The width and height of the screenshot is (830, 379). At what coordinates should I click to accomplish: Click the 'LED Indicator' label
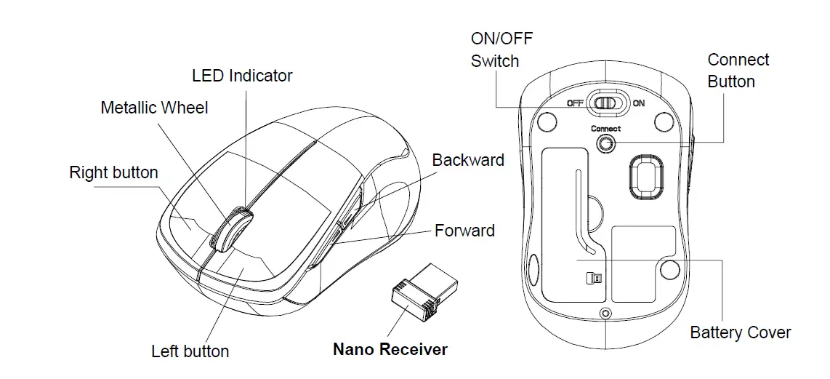242,76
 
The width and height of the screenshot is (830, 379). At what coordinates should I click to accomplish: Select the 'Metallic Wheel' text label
154,108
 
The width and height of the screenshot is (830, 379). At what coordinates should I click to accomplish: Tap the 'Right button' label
113,172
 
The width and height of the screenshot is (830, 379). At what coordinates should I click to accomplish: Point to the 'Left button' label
190,351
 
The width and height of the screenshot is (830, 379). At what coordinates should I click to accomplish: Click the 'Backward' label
468,160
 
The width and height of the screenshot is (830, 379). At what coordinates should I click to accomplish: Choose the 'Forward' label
464,231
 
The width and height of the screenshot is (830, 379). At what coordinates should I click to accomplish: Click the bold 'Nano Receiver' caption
390,349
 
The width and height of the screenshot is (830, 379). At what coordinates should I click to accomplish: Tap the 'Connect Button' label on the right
738,71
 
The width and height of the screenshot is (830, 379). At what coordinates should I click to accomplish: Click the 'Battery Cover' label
740,332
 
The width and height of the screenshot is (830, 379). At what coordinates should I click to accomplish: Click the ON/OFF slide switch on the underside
605,103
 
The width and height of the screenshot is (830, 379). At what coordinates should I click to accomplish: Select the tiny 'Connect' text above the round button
605,129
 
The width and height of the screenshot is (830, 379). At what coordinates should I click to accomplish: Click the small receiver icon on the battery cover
594,278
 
